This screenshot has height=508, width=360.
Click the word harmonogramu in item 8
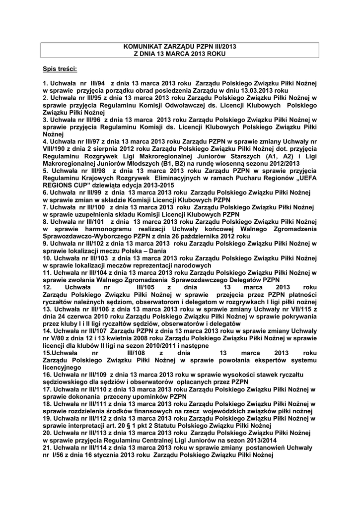tap(105, 230)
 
